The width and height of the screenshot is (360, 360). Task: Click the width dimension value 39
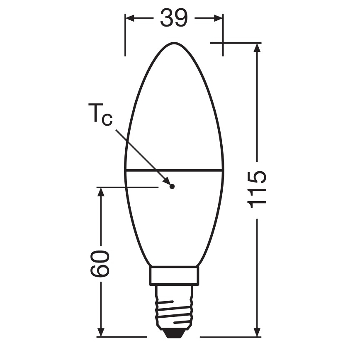point(174,18)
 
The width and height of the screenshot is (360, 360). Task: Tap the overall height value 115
point(257,189)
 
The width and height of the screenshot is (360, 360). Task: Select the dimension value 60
point(100,263)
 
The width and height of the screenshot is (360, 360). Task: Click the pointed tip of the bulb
point(174,43)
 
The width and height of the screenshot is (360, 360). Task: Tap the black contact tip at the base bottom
point(174,332)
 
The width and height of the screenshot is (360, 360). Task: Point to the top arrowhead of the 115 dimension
point(257,48)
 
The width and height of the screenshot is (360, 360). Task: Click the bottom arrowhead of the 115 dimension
point(257,332)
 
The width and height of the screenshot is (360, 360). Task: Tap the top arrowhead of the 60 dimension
point(100,192)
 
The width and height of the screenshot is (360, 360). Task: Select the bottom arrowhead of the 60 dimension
point(100,332)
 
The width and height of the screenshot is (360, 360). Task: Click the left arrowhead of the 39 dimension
point(130,18)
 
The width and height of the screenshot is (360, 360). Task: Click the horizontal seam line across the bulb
point(174,169)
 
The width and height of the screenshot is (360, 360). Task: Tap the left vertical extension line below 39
point(125,41)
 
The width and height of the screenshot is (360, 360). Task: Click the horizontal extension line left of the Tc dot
point(129,187)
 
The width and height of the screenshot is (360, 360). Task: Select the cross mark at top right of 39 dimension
point(223,43)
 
